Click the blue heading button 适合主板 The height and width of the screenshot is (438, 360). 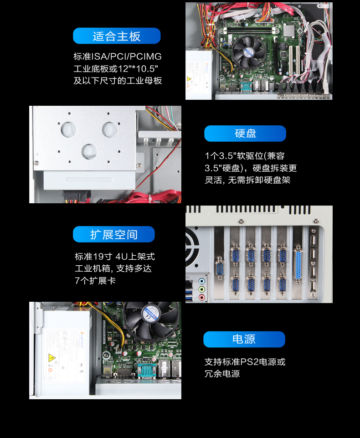[117, 36]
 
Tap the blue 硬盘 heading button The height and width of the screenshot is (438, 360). [245, 134]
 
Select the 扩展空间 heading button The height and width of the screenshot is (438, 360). [113, 234]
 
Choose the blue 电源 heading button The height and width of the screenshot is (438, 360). [244, 340]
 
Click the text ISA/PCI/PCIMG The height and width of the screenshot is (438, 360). [127, 57]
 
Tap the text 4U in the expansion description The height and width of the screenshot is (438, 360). [122, 257]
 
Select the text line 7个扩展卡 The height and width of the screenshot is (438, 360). [95, 280]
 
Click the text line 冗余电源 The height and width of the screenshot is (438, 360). [222, 374]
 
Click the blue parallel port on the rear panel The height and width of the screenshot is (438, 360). [298, 264]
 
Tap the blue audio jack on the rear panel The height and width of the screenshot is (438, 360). [201, 281]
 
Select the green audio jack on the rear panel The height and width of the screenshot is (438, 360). [201, 289]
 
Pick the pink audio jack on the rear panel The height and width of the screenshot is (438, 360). [201, 297]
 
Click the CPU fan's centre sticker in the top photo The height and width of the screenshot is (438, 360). [248, 52]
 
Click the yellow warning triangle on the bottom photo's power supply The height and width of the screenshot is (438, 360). [52, 357]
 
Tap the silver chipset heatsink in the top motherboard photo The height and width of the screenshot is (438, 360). [290, 31]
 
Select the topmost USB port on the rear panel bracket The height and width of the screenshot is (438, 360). [314, 241]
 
